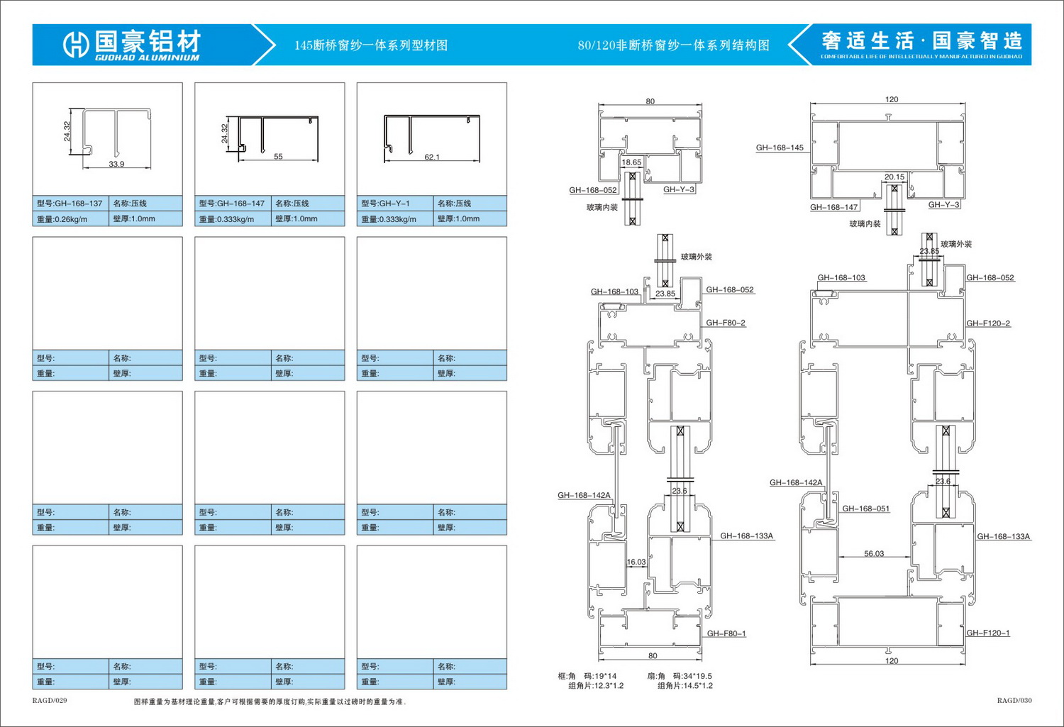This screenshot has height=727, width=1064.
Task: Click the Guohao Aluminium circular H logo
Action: pyautogui.click(x=75, y=45)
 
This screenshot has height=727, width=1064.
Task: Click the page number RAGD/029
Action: pyautogui.click(x=50, y=701)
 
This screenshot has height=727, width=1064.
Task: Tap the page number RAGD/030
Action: pyautogui.click(x=1014, y=701)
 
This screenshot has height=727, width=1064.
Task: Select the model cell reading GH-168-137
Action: pyautogui.click(x=70, y=204)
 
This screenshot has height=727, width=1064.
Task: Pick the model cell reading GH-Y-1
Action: pyautogui.click(x=386, y=204)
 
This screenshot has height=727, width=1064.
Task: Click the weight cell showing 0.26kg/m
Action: pyautogui.click(x=62, y=219)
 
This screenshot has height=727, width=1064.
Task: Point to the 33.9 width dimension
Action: pyautogui.click(x=116, y=164)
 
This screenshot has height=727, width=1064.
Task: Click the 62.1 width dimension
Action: pyautogui.click(x=432, y=157)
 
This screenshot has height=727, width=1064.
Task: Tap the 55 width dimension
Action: pyautogui.click(x=278, y=157)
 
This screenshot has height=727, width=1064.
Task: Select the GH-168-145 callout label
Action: pyautogui.click(x=780, y=148)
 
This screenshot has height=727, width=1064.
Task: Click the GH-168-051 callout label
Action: pyautogui.click(x=865, y=509)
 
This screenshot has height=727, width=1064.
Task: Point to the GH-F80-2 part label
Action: pyautogui.click(x=726, y=323)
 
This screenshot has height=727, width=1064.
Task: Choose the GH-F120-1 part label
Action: pyautogui.click(x=988, y=633)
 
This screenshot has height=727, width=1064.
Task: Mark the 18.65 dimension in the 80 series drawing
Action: pyautogui.click(x=631, y=162)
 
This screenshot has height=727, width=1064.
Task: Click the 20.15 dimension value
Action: pyautogui.click(x=894, y=177)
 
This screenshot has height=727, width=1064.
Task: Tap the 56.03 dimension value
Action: pyautogui.click(x=874, y=554)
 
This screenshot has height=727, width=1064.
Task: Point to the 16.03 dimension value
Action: pyautogui.click(x=636, y=562)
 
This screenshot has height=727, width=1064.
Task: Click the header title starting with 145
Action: pyautogui.click(x=371, y=45)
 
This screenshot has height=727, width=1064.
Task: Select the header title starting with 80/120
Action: pyautogui.click(x=673, y=45)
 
